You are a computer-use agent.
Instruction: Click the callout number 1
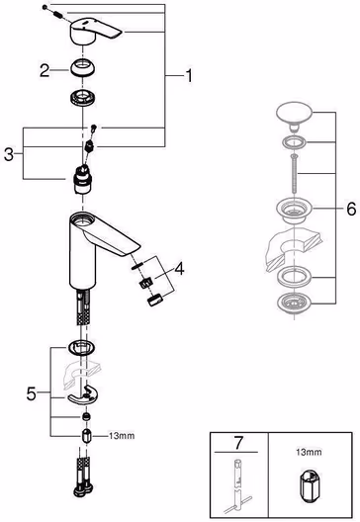[189, 75]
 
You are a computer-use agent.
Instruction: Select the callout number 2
[45, 70]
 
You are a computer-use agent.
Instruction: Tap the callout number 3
[9, 154]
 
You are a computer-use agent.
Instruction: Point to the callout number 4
[179, 269]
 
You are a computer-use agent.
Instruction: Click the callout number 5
[32, 393]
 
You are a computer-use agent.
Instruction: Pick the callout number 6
[351, 209]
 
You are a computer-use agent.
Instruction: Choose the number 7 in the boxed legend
[238, 443]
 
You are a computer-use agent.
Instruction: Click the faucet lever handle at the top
[96, 33]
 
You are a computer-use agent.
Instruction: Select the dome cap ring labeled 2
[83, 67]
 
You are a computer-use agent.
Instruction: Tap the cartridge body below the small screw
[82, 180]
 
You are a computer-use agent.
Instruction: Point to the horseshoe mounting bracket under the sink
[83, 394]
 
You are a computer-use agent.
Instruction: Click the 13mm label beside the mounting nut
[122, 435]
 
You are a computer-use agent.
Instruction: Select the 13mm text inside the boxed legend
[309, 452]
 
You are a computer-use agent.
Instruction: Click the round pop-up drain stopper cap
[295, 116]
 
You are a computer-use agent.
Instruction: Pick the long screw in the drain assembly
[294, 173]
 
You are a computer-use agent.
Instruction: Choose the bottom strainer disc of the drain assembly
[295, 304]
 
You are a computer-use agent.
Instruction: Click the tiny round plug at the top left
[45, 7]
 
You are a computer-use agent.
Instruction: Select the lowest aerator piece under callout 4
[154, 300]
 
